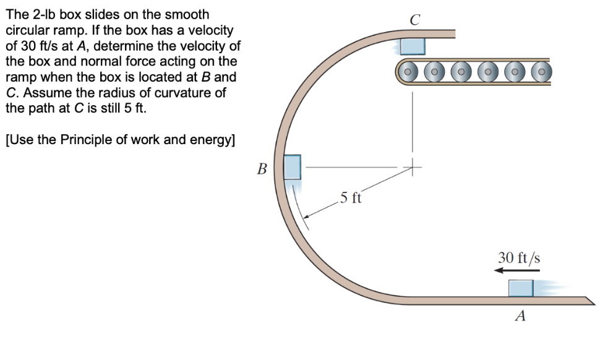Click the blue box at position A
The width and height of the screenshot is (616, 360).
(x=520, y=288)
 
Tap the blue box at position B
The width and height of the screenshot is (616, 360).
(x=292, y=167)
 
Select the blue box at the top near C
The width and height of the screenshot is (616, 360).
(x=412, y=46)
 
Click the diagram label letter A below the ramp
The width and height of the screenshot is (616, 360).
(x=520, y=317)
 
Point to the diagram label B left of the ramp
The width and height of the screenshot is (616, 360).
(x=262, y=168)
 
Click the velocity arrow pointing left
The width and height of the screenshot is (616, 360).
(x=518, y=270)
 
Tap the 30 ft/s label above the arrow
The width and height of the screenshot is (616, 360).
(x=519, y=257)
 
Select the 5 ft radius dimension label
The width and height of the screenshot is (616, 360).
(x=351, y=199)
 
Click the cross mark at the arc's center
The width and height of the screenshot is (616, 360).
(x=412, y=166)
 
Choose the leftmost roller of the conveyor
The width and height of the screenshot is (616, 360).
(x=409, y=72)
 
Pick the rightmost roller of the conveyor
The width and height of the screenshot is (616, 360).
(x=541, y=72)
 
